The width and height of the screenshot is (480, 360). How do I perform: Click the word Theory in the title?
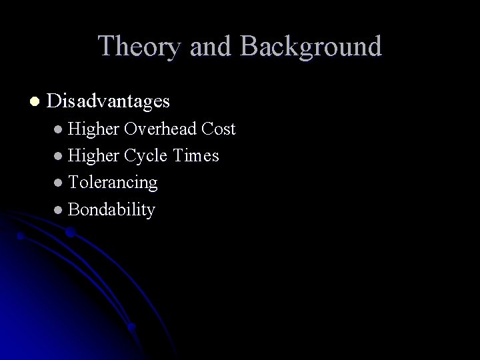(137, 47)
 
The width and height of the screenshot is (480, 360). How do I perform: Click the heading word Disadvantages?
(109, 101)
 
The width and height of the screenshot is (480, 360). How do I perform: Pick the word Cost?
(219, 129)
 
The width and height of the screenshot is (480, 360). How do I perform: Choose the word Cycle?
(145, 155)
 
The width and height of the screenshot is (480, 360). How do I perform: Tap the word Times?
(196, 155)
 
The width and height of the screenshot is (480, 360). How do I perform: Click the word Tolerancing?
(113, 182)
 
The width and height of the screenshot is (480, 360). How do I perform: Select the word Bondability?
(111, 209)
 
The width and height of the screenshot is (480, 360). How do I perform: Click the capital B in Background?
(249, 47)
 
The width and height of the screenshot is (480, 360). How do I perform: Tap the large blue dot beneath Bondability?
(69, 233)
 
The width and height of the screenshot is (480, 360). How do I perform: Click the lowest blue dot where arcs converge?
(132, 327)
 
